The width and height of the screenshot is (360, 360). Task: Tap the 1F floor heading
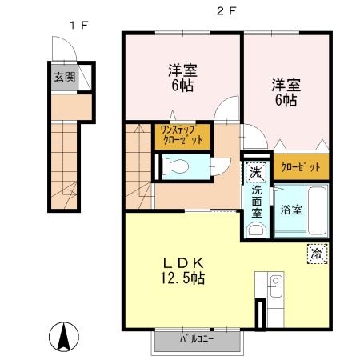point(77,25)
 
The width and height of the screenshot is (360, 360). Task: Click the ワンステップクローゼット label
point(181,134)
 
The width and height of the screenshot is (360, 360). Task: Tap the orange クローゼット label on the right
point(301,167)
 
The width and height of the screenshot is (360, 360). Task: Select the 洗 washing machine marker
point(254,171)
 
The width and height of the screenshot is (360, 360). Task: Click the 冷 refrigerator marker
point(317,254)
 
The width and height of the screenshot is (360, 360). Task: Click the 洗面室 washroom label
point(257,203)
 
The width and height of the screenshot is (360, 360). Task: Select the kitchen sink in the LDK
point(274,284)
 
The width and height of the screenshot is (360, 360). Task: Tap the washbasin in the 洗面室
point(255,230)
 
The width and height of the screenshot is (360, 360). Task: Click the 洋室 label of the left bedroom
point(182,68)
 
